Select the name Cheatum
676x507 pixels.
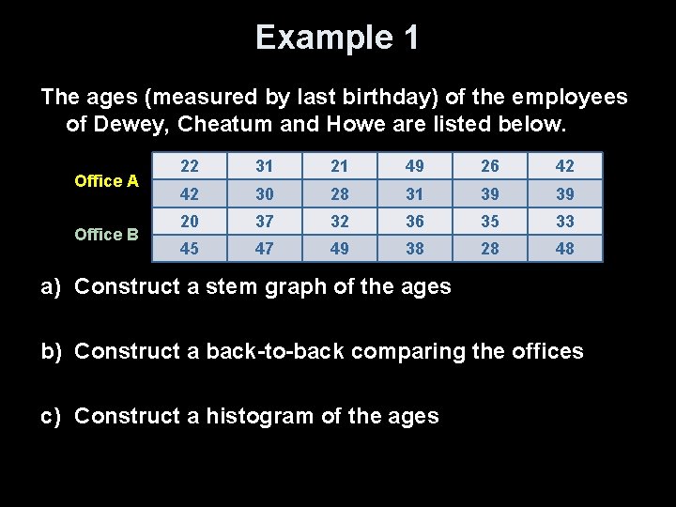pyautogui.click(x=231, y=123)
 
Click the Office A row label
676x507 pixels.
pyautogui.click(x=106, y=180)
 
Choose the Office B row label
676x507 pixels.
pyautogui.click(x=106, y=234)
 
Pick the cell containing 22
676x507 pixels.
pyautogui.click(x=190, y=166)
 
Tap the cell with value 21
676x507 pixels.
pyautogui.click(x=339, y=166)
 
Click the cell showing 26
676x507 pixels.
pyautogui.click(x=489, y=166)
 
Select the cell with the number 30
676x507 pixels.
pyautogui.click(x=264, y=193)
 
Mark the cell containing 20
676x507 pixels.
pyautogui.click(x=190, y=222)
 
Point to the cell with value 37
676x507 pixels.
pyautogui.click(x=264, y=222)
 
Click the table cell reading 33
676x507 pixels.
pyautogui.click(x=564, y=222)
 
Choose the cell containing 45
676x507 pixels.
pyautogui.click(x=190, y=249)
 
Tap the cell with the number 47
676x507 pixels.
pyautogui.click(x=264, y=249)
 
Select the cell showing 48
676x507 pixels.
pyautogui.click(x=564, y=249)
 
